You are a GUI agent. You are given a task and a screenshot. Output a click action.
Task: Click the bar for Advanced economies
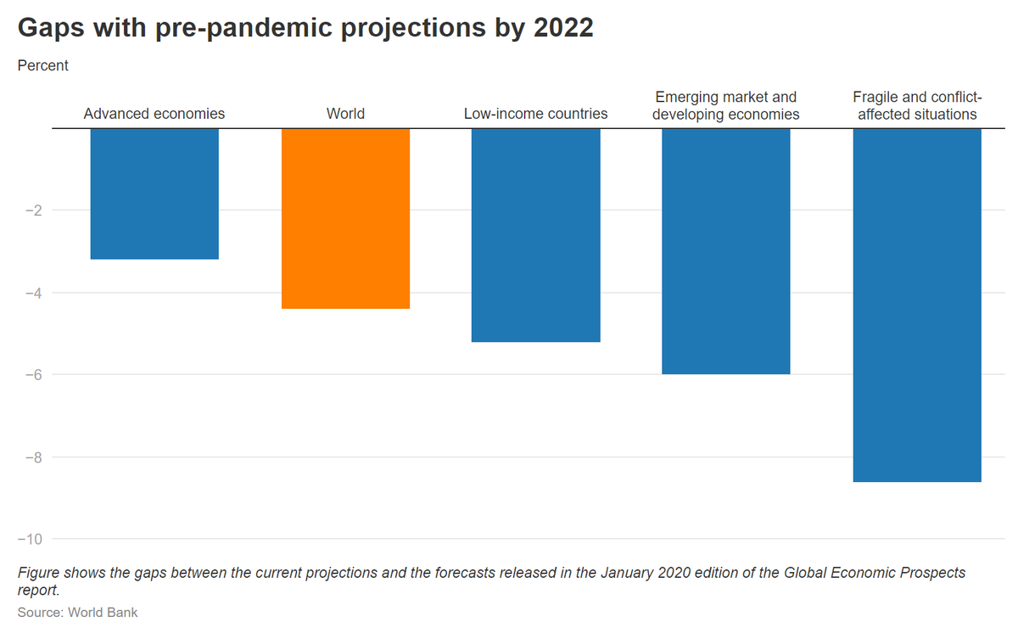(x=154, y=193)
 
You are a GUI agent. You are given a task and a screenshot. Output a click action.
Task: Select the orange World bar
(x=345, y=218)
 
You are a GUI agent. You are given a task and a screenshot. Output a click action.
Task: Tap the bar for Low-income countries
(x=535, y=235)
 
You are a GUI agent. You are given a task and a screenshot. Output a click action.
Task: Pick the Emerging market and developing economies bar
(x=726, y=251)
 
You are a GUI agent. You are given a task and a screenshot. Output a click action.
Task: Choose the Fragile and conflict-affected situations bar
(x=917, y=305)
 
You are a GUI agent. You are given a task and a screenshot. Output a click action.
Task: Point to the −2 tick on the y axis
(x=31, y=210)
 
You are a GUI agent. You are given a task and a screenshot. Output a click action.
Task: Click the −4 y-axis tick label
(x=31, y=293)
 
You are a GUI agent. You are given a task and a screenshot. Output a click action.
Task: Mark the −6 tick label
(x=31, y=375)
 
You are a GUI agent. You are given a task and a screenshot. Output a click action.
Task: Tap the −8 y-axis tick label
(x=31, y=457)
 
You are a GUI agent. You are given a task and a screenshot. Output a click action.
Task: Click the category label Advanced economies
(x=154, y=114)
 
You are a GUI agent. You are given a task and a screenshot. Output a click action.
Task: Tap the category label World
(x=345, y=114)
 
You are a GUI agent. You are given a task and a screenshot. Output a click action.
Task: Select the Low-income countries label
(x=535, y=114)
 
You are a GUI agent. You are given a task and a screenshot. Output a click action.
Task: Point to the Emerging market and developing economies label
(x=726, y=105)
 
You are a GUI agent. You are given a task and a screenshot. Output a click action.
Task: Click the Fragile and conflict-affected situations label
(x=917, y=105)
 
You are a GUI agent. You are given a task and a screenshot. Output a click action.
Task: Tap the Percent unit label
(x=43, y=65)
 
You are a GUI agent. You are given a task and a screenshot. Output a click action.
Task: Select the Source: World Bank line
(x=77, y=612)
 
